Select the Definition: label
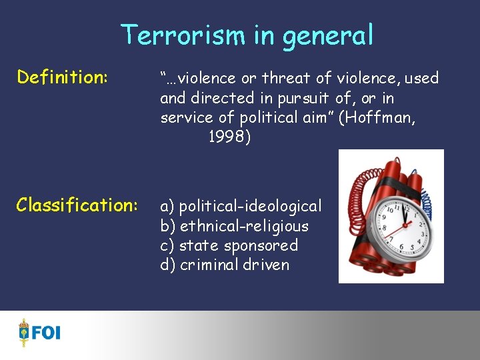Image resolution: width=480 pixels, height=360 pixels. tap(63, 77)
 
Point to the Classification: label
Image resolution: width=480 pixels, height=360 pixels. tap(78, 204)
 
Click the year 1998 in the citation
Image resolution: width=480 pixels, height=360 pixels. tap(229, 137)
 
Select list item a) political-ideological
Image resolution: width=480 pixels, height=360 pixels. tap(241, 206)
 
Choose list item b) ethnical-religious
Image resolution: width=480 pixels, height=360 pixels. tap(234, 225)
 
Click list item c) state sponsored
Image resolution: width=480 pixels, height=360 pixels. tap(229, 245)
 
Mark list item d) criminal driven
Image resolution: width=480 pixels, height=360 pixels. tap(225, 265)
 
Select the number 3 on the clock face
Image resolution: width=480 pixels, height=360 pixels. tap(424, 233)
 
